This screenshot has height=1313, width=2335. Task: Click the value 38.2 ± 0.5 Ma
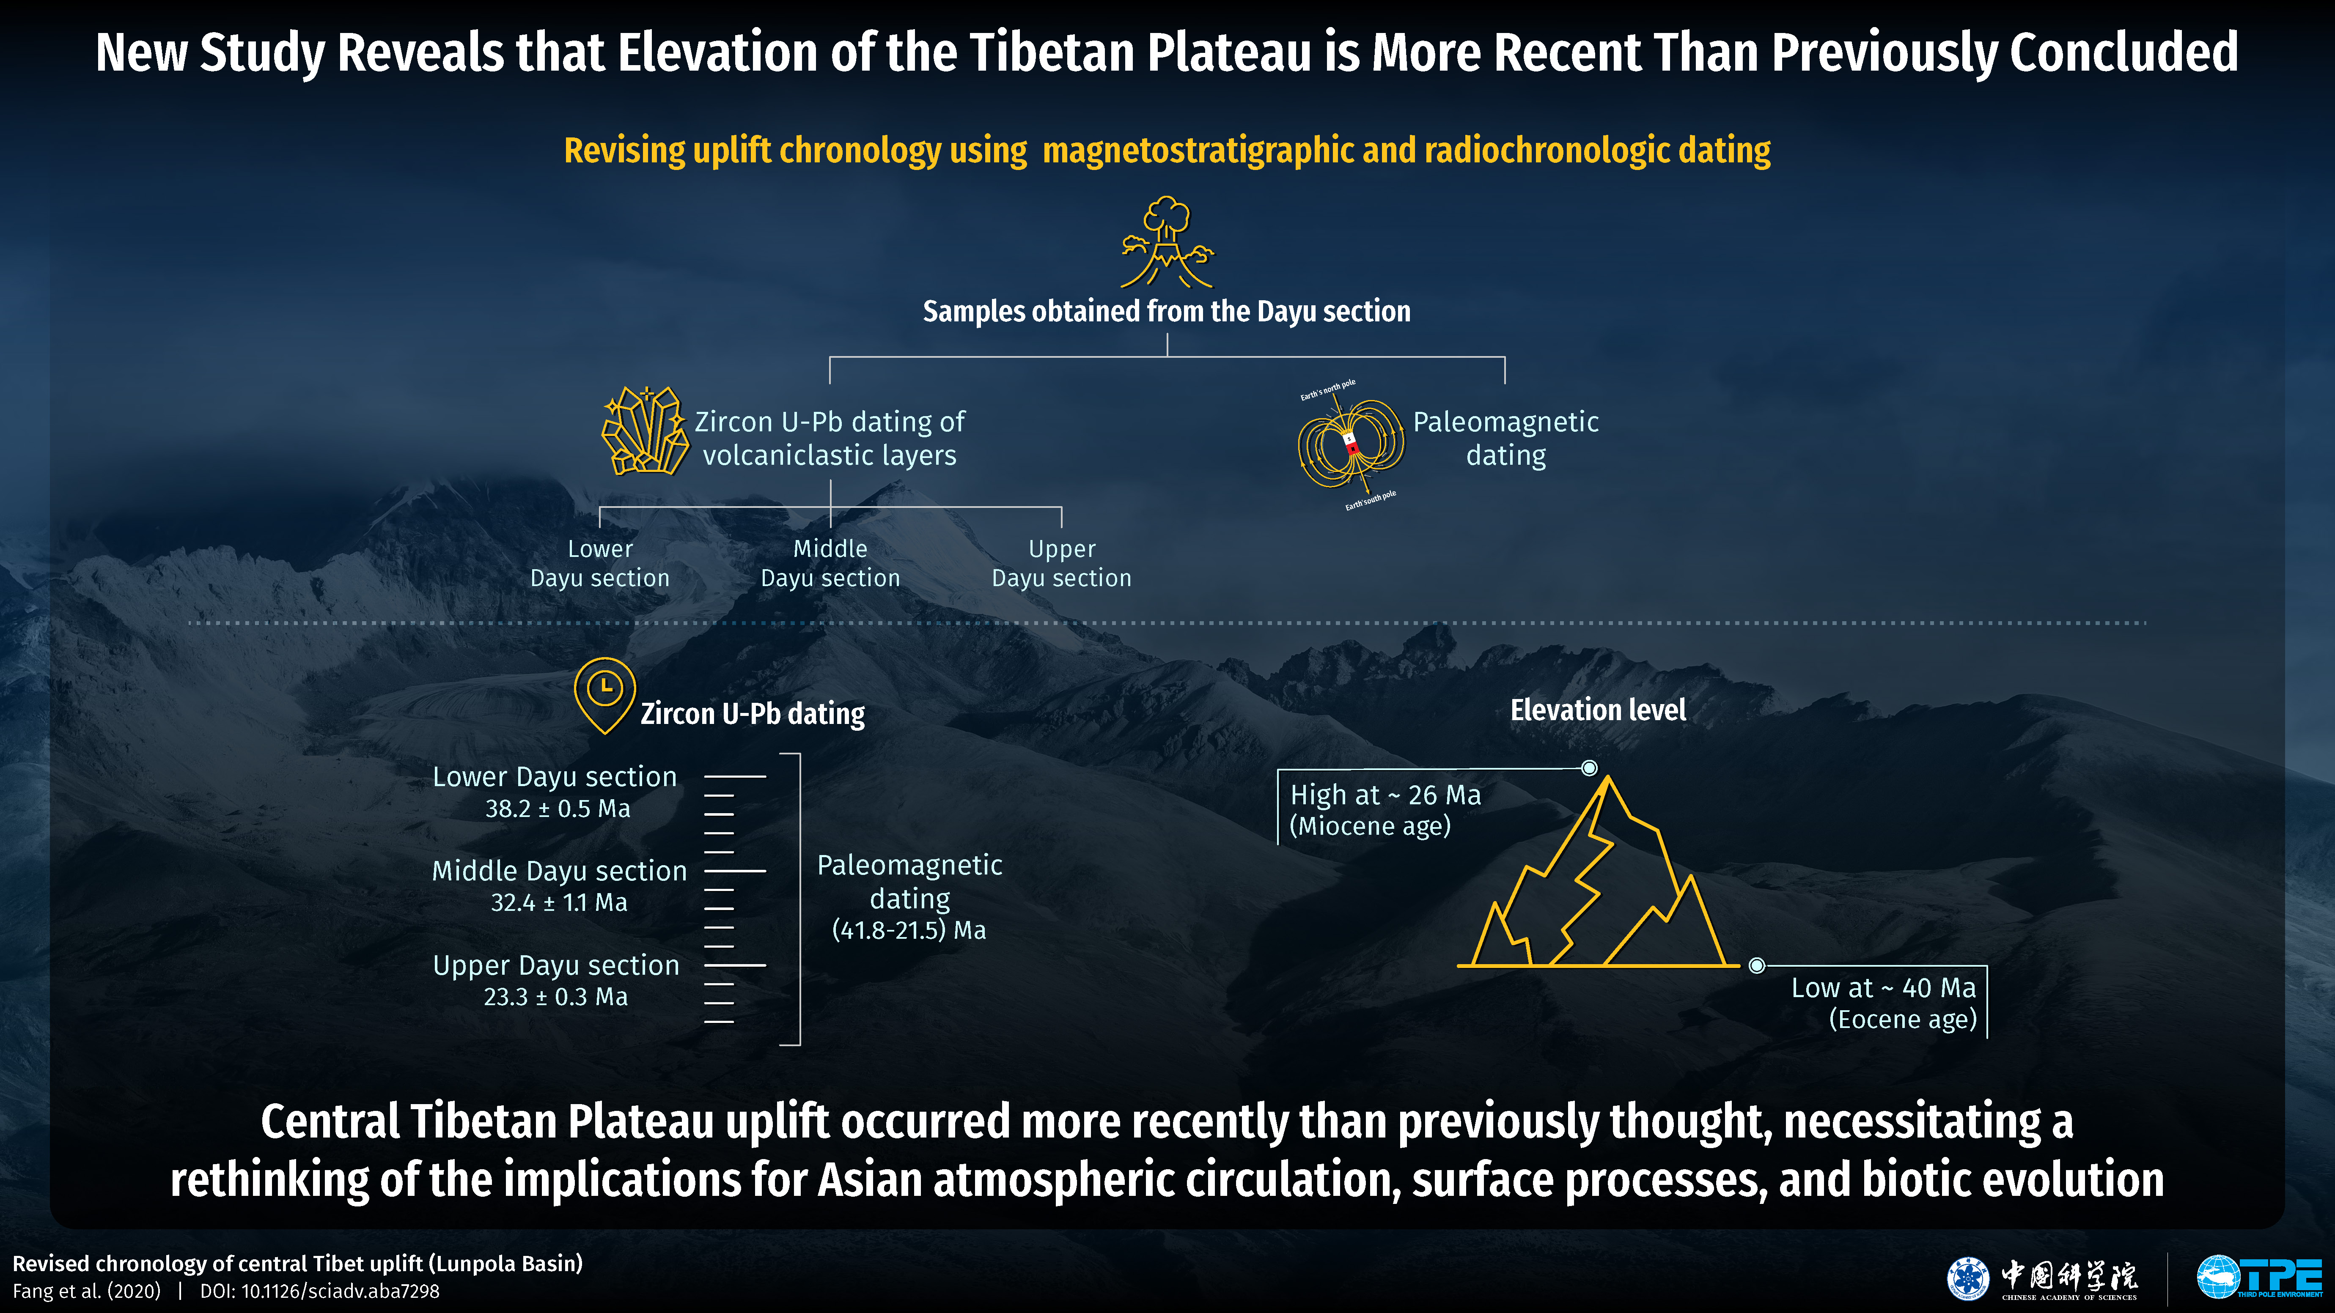[558, 808]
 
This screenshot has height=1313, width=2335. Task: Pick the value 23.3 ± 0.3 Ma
[556, 997]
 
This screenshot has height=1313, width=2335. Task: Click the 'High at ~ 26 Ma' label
[1385, 795]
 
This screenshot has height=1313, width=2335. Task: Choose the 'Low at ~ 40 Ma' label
[1883, 988]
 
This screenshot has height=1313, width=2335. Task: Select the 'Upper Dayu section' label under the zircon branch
[1061, 564]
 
